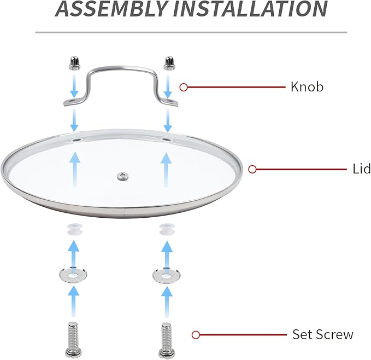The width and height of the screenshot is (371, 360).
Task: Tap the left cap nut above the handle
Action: click(74, 63)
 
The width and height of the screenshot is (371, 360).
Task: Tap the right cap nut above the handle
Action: click(169, 63)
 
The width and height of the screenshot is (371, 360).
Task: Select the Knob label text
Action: click(307, 86)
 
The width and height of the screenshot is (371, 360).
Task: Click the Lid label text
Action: click(362, 169)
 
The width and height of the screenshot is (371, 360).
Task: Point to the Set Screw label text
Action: click(323, 334)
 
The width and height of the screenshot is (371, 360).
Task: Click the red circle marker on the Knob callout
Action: click(184, 88)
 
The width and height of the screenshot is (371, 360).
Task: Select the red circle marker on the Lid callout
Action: click(252, 170)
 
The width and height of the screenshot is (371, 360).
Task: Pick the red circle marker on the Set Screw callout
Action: click(196, 335)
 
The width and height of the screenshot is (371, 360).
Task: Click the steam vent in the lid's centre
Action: click(123, 176)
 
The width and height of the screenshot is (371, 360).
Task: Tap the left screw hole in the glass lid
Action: click(76, 140)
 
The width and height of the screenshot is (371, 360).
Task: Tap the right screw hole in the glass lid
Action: click(167, 140)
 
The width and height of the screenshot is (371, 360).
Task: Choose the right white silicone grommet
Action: click(167, 229)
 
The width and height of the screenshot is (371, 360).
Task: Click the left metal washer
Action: click(73, 275)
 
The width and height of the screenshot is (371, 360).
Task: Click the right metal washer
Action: click(166, 275)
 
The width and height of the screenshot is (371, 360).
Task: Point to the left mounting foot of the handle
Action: click(72, 102)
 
